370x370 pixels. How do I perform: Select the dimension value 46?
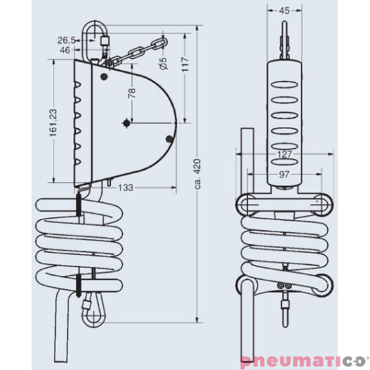(x=65, y=50)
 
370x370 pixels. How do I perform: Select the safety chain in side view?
(x=137, y=51)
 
